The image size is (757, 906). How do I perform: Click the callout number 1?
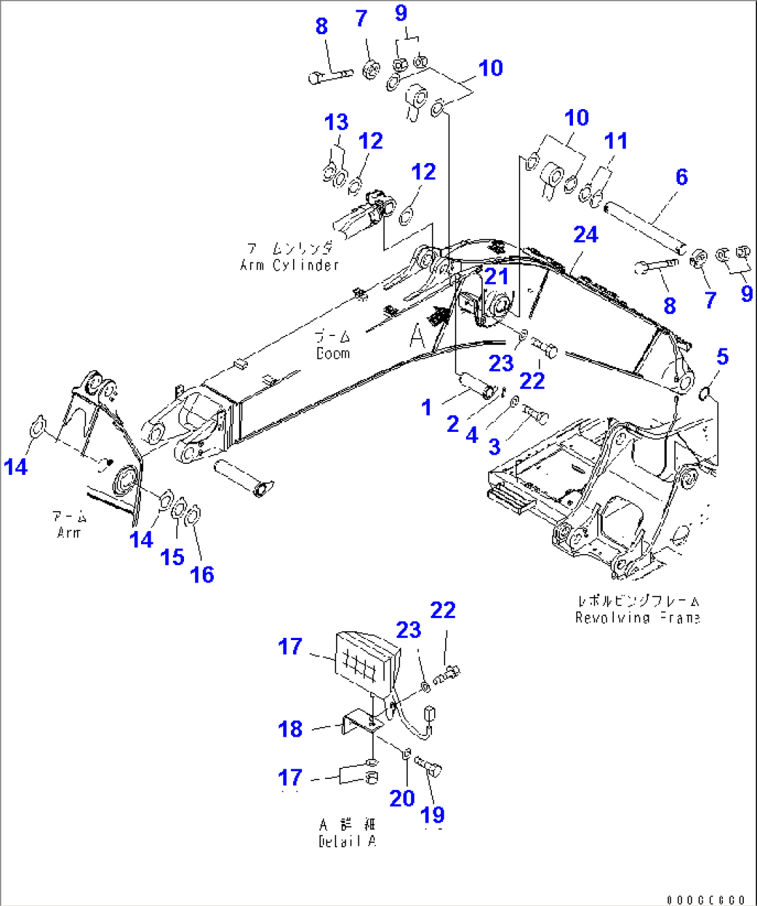(x=427, y=408)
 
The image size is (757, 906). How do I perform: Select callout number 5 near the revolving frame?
(x=722, y=357)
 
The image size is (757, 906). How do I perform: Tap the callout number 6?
(x=681, y=177)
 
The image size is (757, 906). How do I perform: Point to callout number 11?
(x=615, y=141)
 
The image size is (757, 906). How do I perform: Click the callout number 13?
(x=336, y=123)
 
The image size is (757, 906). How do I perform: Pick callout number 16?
(x=202, y=574)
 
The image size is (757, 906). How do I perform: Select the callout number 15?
(x=172, y=557)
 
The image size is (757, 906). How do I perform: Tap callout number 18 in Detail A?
(x=290, y=729)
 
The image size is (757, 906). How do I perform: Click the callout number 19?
(x=433, y=815)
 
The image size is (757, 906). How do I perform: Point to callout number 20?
(x=402, y=798)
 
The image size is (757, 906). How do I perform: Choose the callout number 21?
(x=497, y=276)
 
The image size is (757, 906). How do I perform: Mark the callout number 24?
(x=585, y=235)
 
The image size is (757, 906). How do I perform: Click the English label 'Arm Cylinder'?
(x=289, y=265)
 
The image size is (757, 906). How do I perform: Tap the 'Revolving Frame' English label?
(x=637, y=618)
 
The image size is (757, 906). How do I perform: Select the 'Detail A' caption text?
(x=347, y=841)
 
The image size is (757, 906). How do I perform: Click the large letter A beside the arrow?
(x=417, y=337)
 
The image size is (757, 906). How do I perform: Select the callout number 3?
(x=494, y=446)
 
